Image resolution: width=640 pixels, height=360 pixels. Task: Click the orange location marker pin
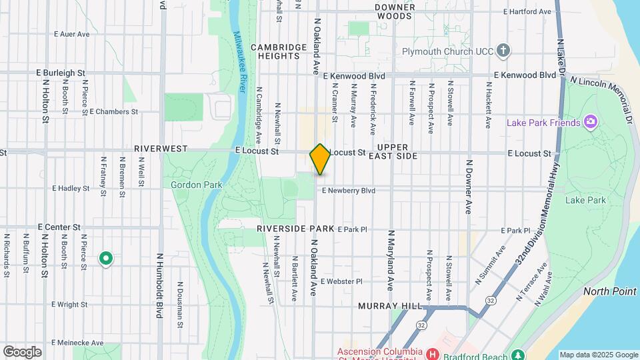320,159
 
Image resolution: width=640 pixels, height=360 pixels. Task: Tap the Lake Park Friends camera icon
589,121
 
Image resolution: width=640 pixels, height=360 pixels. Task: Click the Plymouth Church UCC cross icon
503,50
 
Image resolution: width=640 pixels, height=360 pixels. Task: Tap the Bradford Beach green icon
517,353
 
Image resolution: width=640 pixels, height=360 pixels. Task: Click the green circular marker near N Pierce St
105,257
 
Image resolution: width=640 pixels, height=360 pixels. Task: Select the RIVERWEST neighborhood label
161,148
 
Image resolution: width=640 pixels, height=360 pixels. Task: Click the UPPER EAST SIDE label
397,151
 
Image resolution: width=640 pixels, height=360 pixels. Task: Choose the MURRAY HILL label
390,305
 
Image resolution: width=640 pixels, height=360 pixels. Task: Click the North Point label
609,292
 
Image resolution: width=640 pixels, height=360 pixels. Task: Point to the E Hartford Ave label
527,11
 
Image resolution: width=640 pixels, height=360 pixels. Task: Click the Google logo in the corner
21,351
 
